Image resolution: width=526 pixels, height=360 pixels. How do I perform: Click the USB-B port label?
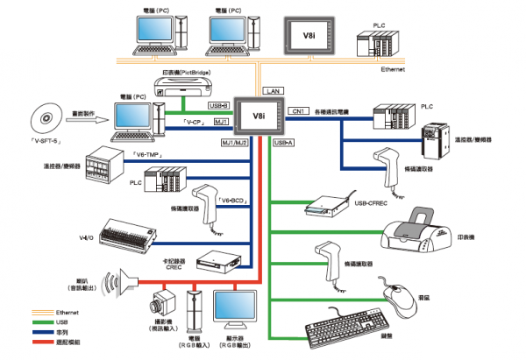(x=218, y=105)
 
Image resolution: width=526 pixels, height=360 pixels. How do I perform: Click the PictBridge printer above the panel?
(x=183, y=85)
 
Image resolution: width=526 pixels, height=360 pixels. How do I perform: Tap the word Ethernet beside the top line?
(x=394, y=67)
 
